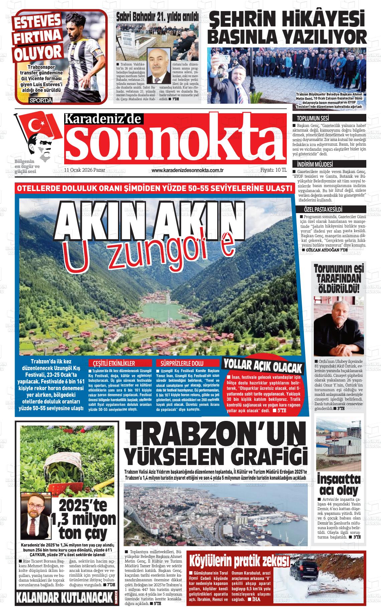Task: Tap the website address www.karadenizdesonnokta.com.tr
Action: (x=187, y=170)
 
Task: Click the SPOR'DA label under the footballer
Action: (x=40, y=101)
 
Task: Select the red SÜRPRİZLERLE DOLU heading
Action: (x=182, y=363)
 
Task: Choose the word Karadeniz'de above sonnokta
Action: (x=103, y=119)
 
